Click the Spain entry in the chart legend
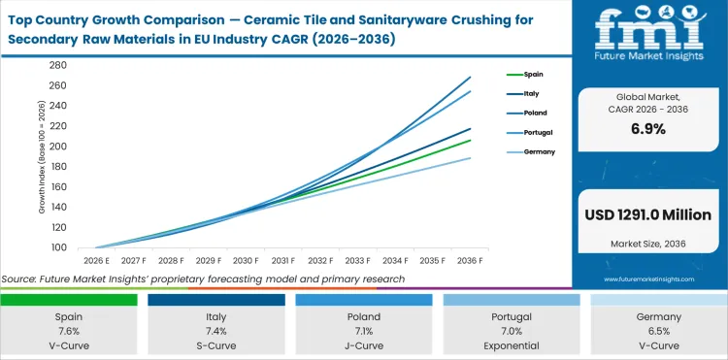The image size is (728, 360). tap(533, 74)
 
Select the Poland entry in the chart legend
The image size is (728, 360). tap(535, 113)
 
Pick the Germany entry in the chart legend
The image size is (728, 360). tap(539, 152)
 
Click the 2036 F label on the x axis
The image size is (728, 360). tap(471, 260)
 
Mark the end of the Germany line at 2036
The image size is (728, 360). tap(471, 157)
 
